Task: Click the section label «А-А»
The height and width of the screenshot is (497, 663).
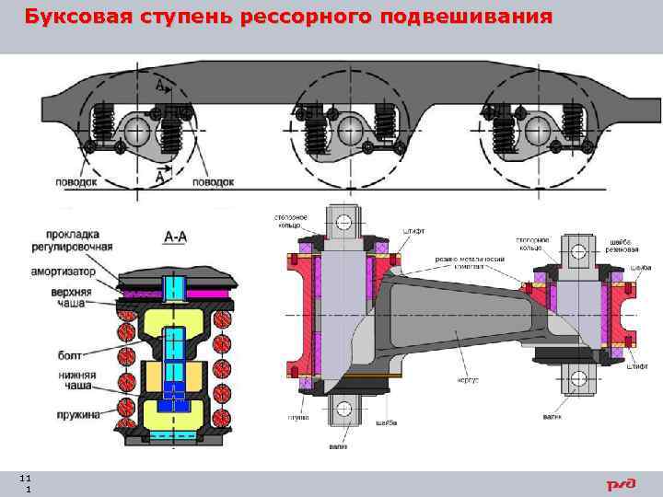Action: (x=175, y=237)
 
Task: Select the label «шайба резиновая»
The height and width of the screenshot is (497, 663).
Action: (x=618, y=245)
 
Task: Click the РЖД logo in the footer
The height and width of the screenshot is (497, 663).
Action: (x=620, y=484)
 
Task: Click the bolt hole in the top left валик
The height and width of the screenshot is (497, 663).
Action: (x=342, y=222)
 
